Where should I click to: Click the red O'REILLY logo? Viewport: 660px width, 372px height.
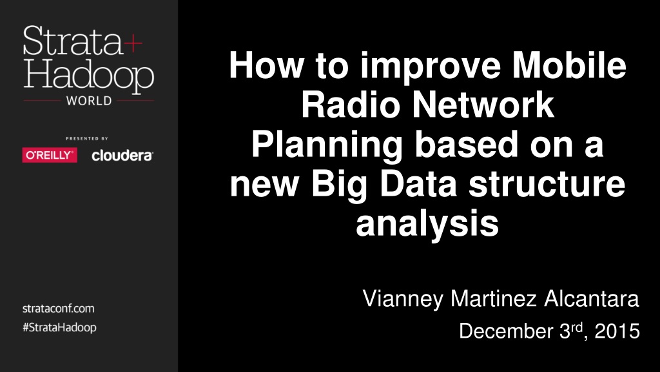click(50, 155)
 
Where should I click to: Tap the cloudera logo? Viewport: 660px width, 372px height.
click(122, 155)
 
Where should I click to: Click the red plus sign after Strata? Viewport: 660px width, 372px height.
click(133, 43)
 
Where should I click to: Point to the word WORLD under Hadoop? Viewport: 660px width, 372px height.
click(89, 101)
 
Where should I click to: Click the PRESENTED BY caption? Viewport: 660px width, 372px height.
click(87, 138)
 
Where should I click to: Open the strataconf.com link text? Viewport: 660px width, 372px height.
click(59, 308)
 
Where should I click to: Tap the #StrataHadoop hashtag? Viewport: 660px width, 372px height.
click(59, 327)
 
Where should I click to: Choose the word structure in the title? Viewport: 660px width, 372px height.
click(547, 184)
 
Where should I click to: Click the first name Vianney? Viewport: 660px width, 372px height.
click(403, 299)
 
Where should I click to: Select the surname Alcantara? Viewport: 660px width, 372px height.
click(592, 298)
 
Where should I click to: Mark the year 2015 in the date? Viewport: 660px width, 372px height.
click(617, 331)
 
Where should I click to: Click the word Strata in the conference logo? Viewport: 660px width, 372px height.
click(72, 41)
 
